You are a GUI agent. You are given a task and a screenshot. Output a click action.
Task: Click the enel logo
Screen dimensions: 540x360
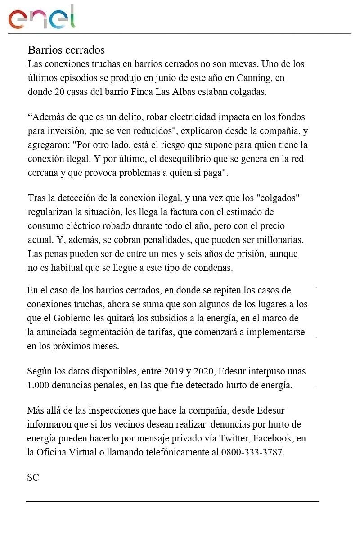click(x=41, y=18)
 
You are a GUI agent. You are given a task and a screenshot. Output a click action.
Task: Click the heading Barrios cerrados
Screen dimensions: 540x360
click(x=66, y=49)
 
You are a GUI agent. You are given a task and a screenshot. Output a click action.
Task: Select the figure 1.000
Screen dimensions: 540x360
click(x=39, y=386)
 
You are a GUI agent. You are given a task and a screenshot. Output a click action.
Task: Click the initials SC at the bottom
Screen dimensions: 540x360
click(x=33, y=477)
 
